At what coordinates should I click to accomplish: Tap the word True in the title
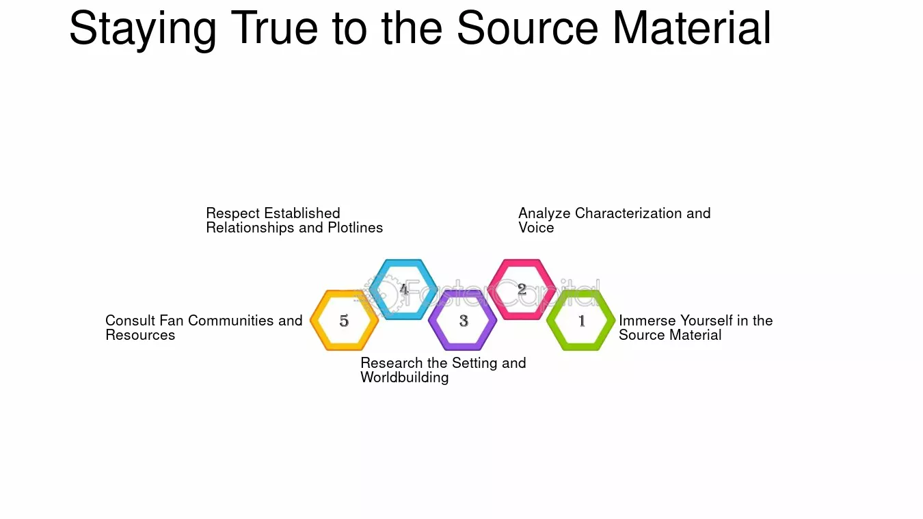[x=274, y=27]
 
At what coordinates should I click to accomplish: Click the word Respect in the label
[x=233, y=214]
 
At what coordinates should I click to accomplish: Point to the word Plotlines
[x=356, y=228]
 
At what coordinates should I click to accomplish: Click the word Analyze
[x=544, y=214]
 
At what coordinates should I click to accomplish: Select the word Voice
[x=536, y=228]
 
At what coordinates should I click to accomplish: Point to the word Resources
[x=140, y=335]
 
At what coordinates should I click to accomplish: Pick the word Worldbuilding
[x=405, y=377]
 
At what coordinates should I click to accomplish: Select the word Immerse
[x=647, y=320]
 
